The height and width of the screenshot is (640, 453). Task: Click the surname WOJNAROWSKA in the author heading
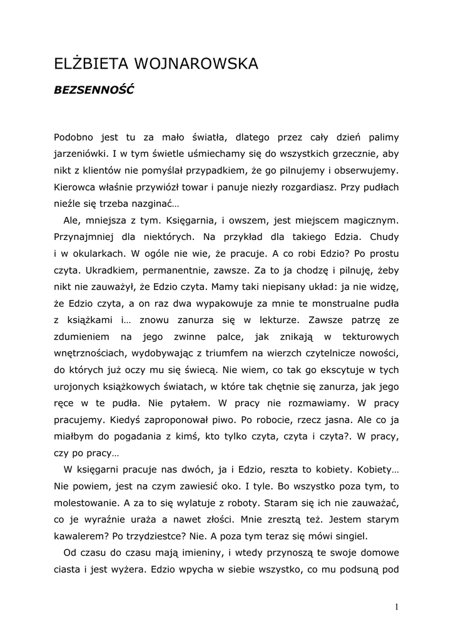coord(195,64)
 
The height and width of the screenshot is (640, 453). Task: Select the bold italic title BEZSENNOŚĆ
coord(94,89)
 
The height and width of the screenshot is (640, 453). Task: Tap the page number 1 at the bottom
coord(397,606)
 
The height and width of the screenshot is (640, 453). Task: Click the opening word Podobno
coord(73,137)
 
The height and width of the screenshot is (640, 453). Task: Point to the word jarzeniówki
coord(81,154)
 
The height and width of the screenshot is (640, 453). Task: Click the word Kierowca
coord(73,187)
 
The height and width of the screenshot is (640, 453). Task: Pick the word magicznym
coord(370,221)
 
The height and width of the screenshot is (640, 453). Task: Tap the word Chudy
coord(385,237)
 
